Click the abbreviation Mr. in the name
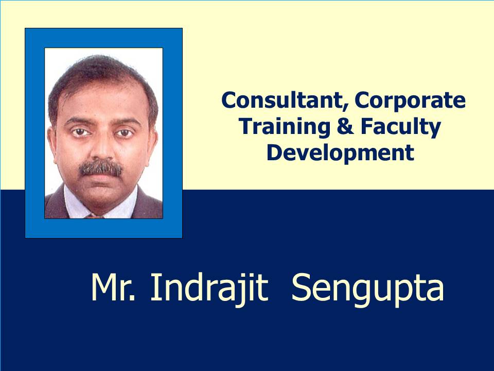(113, 288)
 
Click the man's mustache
(100, 168)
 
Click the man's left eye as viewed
(80, 132)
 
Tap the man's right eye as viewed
(125, 133)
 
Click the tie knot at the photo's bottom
(94, 216)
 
